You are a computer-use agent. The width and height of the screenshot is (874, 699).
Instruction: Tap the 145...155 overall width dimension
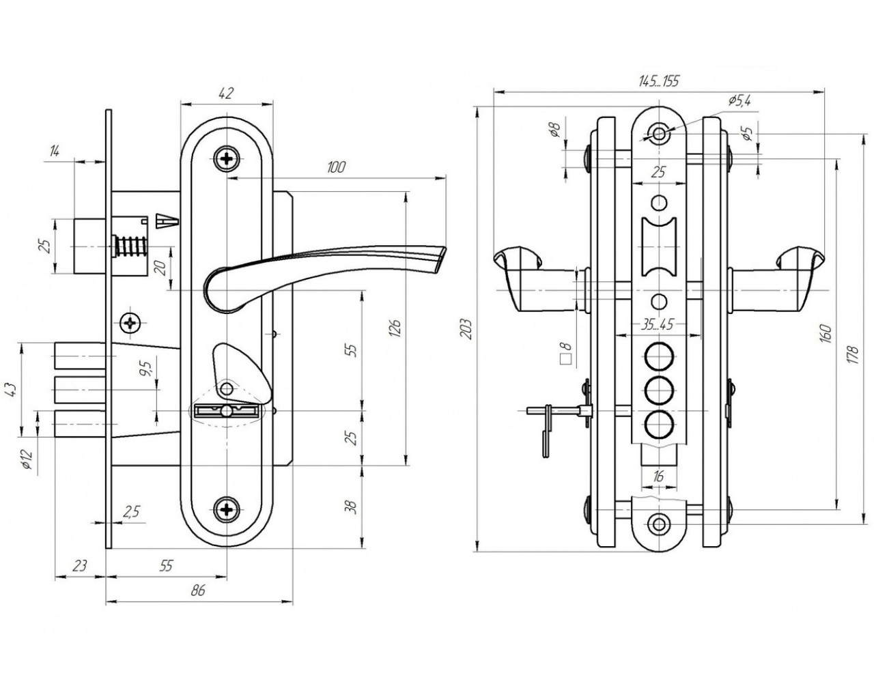click(x=659, y=81)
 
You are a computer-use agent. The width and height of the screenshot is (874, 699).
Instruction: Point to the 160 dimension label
click(x=826, y=334)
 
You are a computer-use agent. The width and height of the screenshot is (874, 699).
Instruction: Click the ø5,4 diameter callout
click(x=739, y=100)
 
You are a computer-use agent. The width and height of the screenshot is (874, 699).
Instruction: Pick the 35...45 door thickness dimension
click(x=658, y=325)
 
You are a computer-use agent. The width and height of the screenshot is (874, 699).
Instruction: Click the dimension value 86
click(x=199, y=591)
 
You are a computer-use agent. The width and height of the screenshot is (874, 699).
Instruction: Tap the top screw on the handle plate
click(x=226, y=159)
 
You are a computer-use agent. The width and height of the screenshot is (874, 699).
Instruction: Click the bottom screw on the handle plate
click(x=226, y=509)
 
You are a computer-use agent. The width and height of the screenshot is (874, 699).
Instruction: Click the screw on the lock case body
click(x=130, y=322)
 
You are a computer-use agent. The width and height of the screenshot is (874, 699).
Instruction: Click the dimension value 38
click(x=352, y=507)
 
